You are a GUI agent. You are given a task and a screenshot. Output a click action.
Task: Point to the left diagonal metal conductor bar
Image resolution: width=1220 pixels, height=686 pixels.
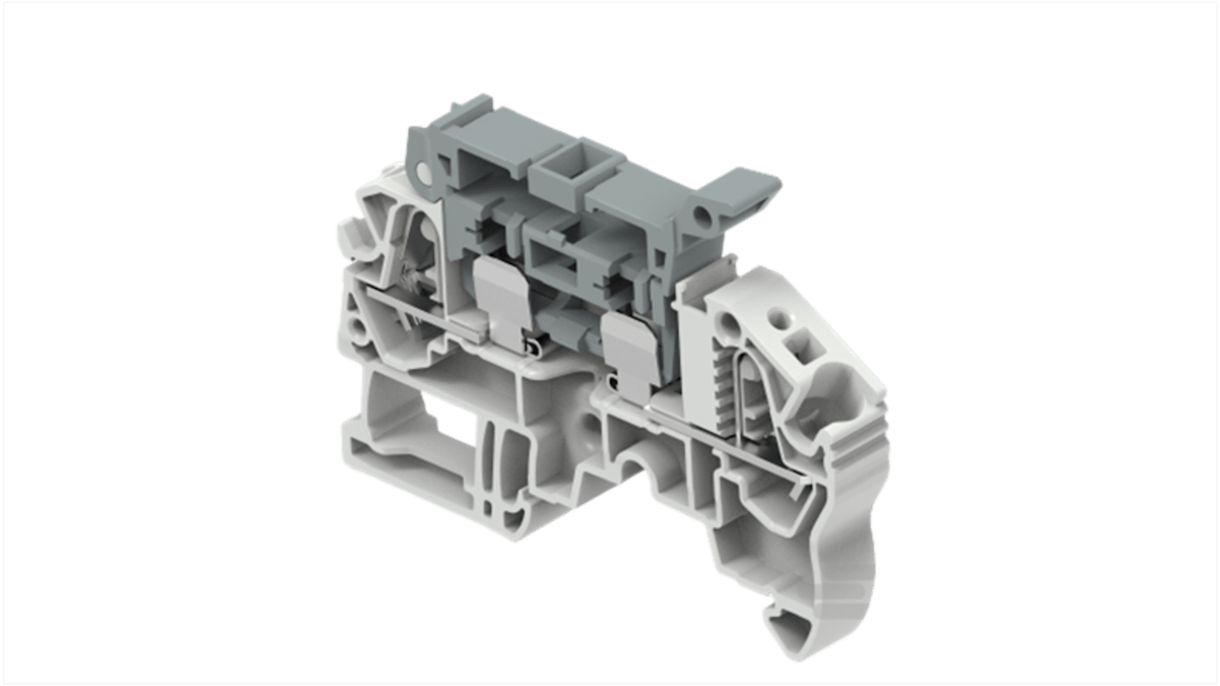430,317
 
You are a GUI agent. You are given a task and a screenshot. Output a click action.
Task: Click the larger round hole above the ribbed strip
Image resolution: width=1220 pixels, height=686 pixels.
729,325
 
